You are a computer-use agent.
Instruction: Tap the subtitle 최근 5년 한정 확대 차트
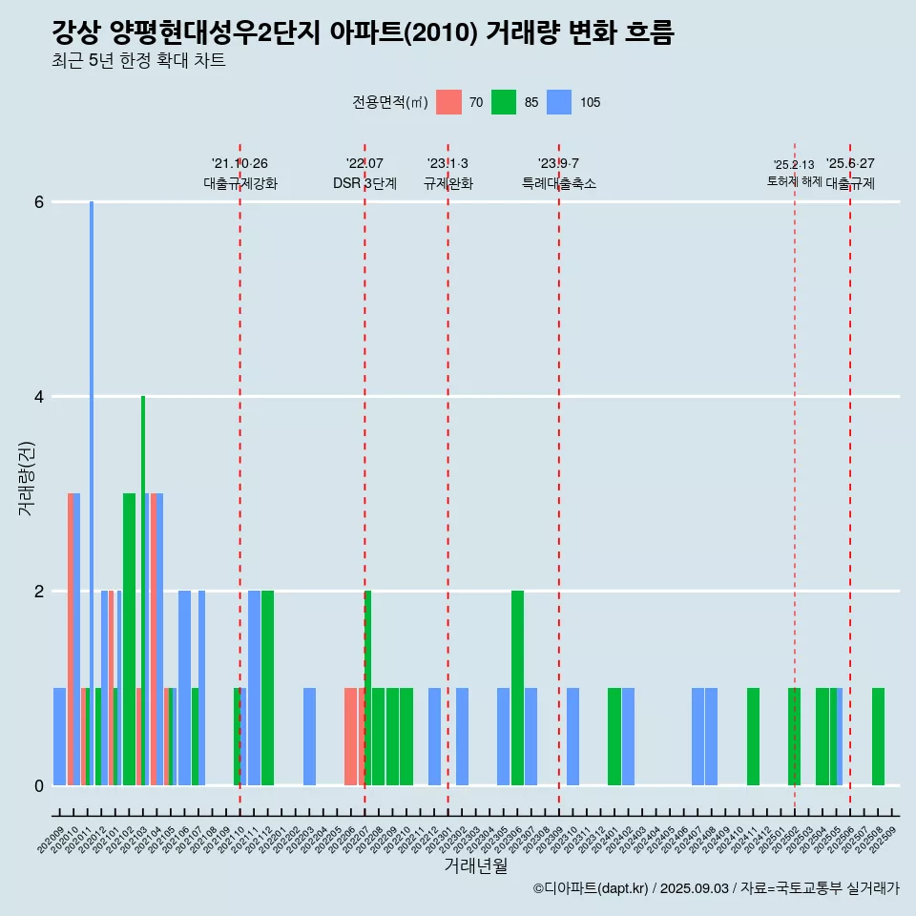point(138,61)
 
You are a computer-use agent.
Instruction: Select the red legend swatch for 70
point(448,102)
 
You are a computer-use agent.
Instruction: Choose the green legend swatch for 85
point(504,102)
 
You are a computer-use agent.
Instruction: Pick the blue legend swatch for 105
point(559,102)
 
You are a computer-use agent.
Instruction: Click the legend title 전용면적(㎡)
point(390,102)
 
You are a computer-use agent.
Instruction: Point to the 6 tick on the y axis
point(38,202)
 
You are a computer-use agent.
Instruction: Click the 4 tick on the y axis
point(38,397)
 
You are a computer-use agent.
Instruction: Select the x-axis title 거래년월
point(475,865)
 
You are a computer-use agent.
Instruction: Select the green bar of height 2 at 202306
point(517,688)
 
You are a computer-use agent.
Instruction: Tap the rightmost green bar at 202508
point(878,737)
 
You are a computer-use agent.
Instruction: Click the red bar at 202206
point(350,737)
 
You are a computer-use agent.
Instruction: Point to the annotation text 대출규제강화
point(240,183)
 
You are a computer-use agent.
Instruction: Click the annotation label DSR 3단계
point(364,183)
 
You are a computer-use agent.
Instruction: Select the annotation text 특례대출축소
point(559,183)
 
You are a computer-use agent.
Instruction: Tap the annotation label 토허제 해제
point(794,181)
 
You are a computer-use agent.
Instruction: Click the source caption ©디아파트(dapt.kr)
point(591,888)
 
